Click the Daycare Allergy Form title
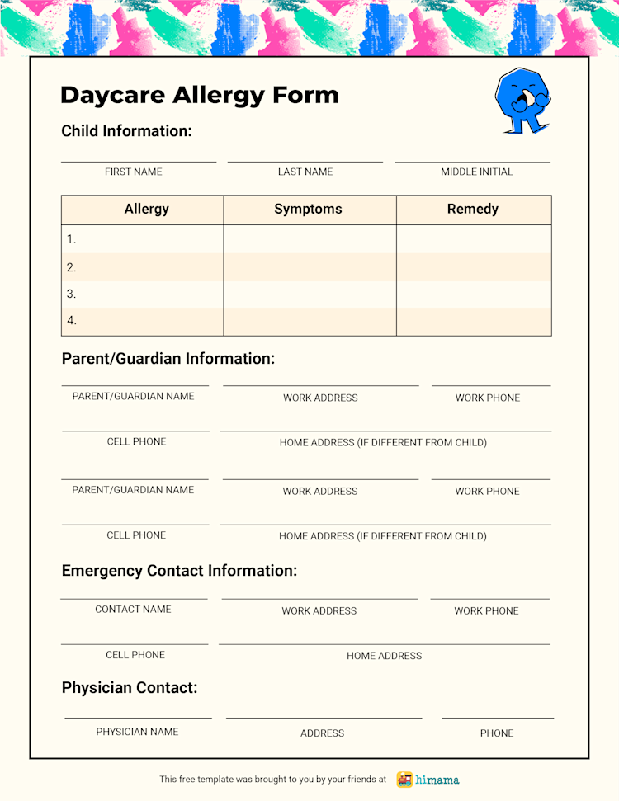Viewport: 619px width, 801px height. coord(200,95)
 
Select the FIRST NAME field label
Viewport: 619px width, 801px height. coord(134,172)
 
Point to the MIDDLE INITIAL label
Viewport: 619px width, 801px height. coord(476,172)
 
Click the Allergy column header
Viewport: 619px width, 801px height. coord(146,210)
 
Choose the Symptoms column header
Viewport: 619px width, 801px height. coord(308,210)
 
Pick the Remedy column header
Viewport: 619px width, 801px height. coord(473,210)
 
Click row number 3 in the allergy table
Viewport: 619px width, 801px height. coord(72,294)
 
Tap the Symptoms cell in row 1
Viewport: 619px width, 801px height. coord(309,239)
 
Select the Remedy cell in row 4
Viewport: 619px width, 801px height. coord(474,321)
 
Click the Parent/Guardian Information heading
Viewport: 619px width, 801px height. coord(168,359)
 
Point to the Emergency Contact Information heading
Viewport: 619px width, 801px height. coord(179,571)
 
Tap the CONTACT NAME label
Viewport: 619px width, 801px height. coord(133,610)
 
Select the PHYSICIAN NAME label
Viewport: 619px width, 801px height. coord(137,732)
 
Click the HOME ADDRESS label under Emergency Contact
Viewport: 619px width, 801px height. coord(384,656)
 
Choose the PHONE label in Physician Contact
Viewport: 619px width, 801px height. coord(497,733)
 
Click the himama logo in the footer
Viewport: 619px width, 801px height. coord(428,780)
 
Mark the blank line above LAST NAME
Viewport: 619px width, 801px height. coord(305,162)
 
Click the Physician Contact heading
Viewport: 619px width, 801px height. coord(130,688)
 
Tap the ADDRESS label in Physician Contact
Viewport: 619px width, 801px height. coord(322,733)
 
